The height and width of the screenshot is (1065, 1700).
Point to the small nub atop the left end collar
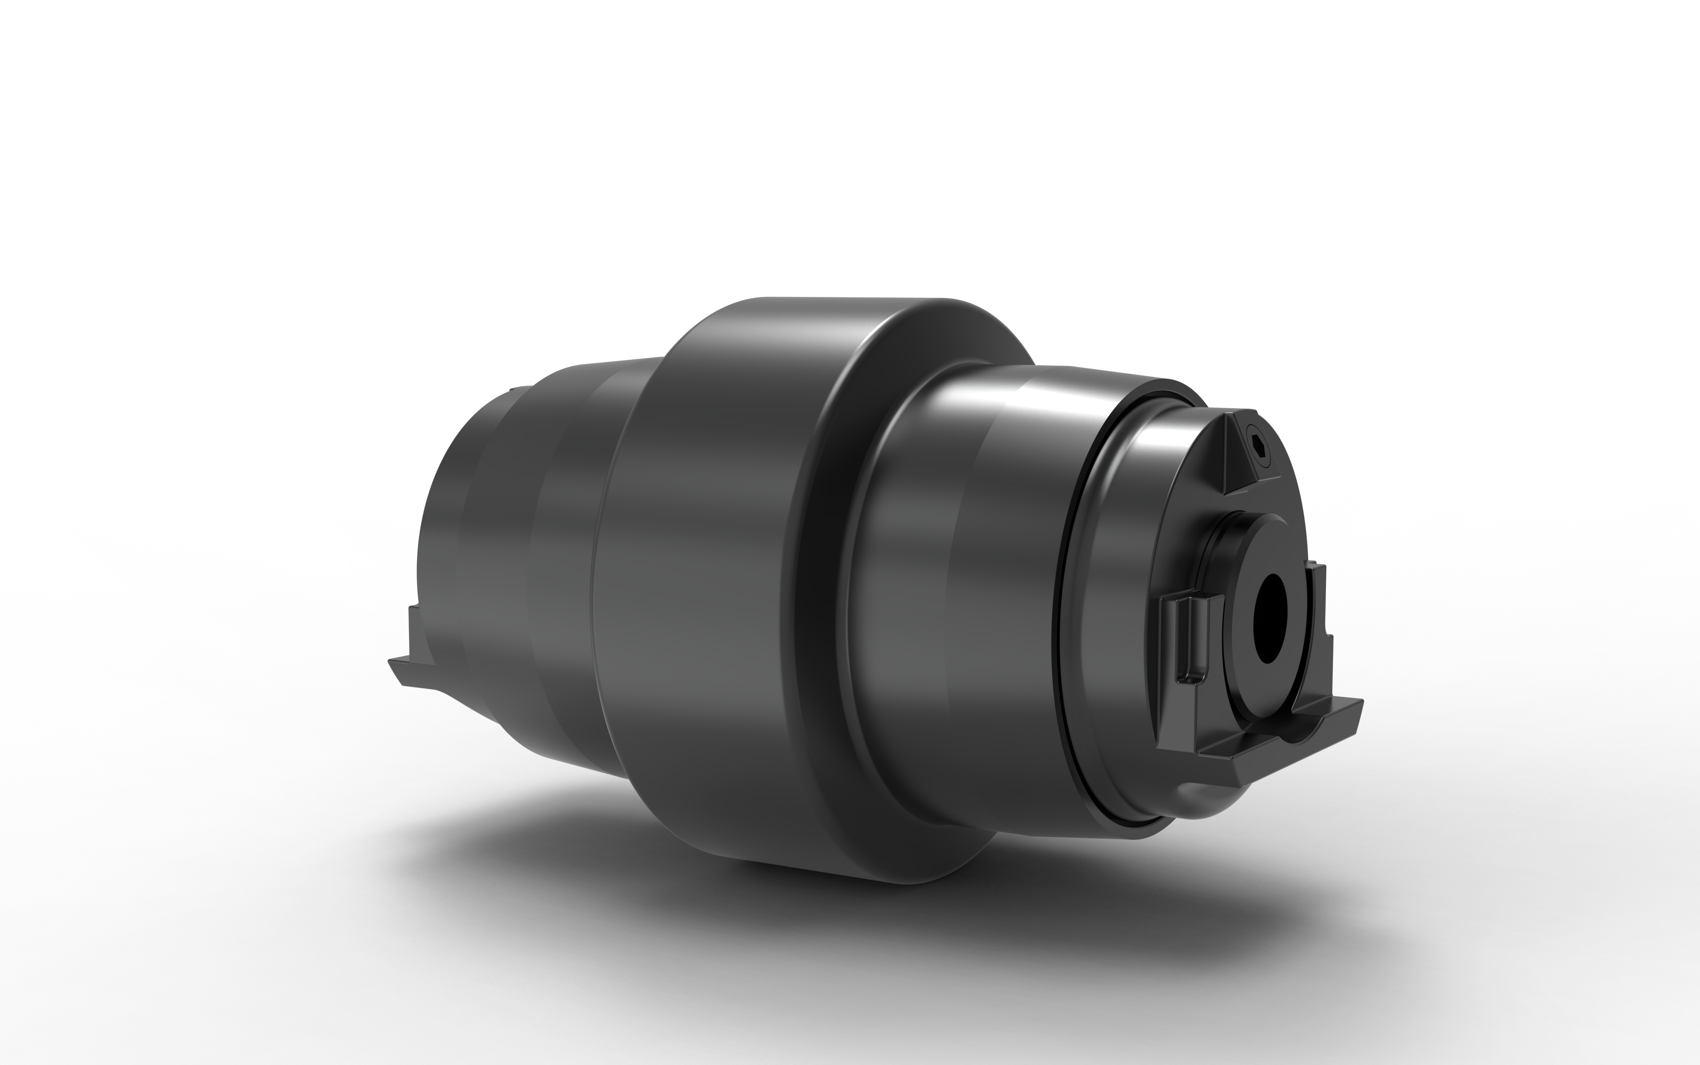pyautogui.click(x=518, y=392)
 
